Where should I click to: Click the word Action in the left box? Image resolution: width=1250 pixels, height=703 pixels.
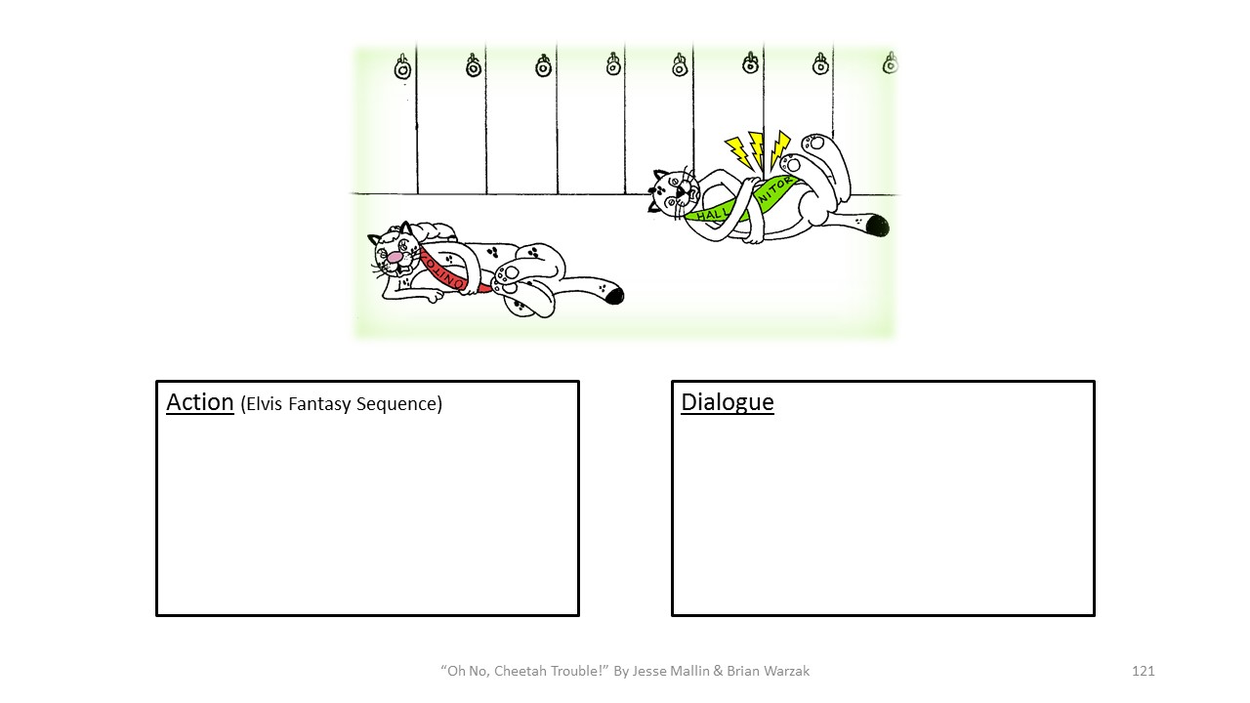[199, 402]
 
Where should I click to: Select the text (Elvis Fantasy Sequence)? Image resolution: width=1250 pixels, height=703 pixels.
[341, 404]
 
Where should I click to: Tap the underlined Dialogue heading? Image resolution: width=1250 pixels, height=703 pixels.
[727, 402]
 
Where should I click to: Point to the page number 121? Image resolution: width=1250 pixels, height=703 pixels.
[1143, 671]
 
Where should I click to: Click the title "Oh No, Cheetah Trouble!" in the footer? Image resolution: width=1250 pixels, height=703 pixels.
[523, 671]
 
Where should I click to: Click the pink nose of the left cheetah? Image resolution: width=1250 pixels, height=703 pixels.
[394, 259]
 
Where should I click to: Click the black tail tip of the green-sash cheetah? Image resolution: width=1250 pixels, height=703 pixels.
[877, 226]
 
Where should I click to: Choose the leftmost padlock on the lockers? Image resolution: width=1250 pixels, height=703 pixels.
[402, 67]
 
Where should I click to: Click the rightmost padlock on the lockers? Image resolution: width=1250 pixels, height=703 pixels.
[890, 63]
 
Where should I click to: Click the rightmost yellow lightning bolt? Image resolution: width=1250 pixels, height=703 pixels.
[779, 148]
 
